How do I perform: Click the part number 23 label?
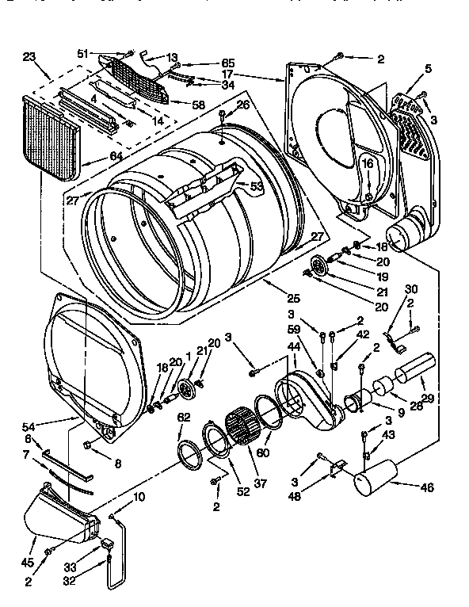click(30, 57)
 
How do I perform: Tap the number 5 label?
click(428, 69)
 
